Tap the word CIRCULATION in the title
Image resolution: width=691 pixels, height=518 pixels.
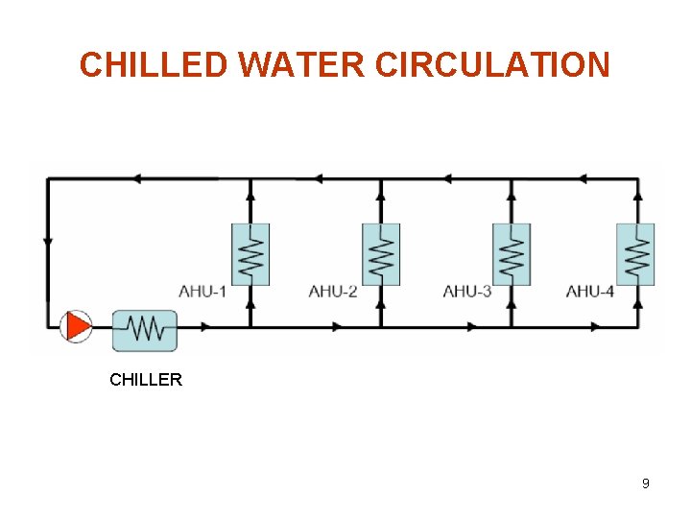pyautogui.click(x=492, y=65)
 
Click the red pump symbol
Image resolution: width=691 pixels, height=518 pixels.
pyautogui.click(x=76, y=326)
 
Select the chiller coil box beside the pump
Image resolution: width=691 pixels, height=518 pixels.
pyautogui.click(x=145, y=330)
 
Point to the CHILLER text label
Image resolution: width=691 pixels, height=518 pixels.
pyautogui.click(x=146, y=380)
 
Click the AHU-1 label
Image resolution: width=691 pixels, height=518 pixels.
pyautogui.click(x=203, y=291)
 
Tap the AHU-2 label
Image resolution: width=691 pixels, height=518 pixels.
pyautogui.click(x=333, y=291)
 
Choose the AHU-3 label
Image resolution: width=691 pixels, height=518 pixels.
pyautogui.click(x=466, y=291)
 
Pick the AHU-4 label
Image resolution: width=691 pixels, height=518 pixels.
pyautogui.click(x=590, y=291)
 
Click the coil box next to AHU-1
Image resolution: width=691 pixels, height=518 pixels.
pyautogui.click(x=250, y=254)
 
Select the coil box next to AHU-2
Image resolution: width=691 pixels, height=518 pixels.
pyautogui.click(x=381, y=254)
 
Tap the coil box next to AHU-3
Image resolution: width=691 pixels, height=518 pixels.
pyautogui.click(x=512, y=254)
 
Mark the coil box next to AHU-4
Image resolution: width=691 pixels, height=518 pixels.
pyautogui.click(x=635, y=254)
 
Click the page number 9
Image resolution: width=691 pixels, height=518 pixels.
pyautogui.click(x=646, y=483)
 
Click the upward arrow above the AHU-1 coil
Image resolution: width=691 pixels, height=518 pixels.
pyautogui.click(x=250, y=195)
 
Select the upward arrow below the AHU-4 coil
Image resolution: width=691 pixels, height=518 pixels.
pyautogui.click(x=635, y=302)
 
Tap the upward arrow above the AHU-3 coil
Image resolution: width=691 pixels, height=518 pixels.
pyautogui.click(x=512, y=195)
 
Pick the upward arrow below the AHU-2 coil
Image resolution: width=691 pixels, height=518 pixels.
pyautogui.click(x=381, y=302)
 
